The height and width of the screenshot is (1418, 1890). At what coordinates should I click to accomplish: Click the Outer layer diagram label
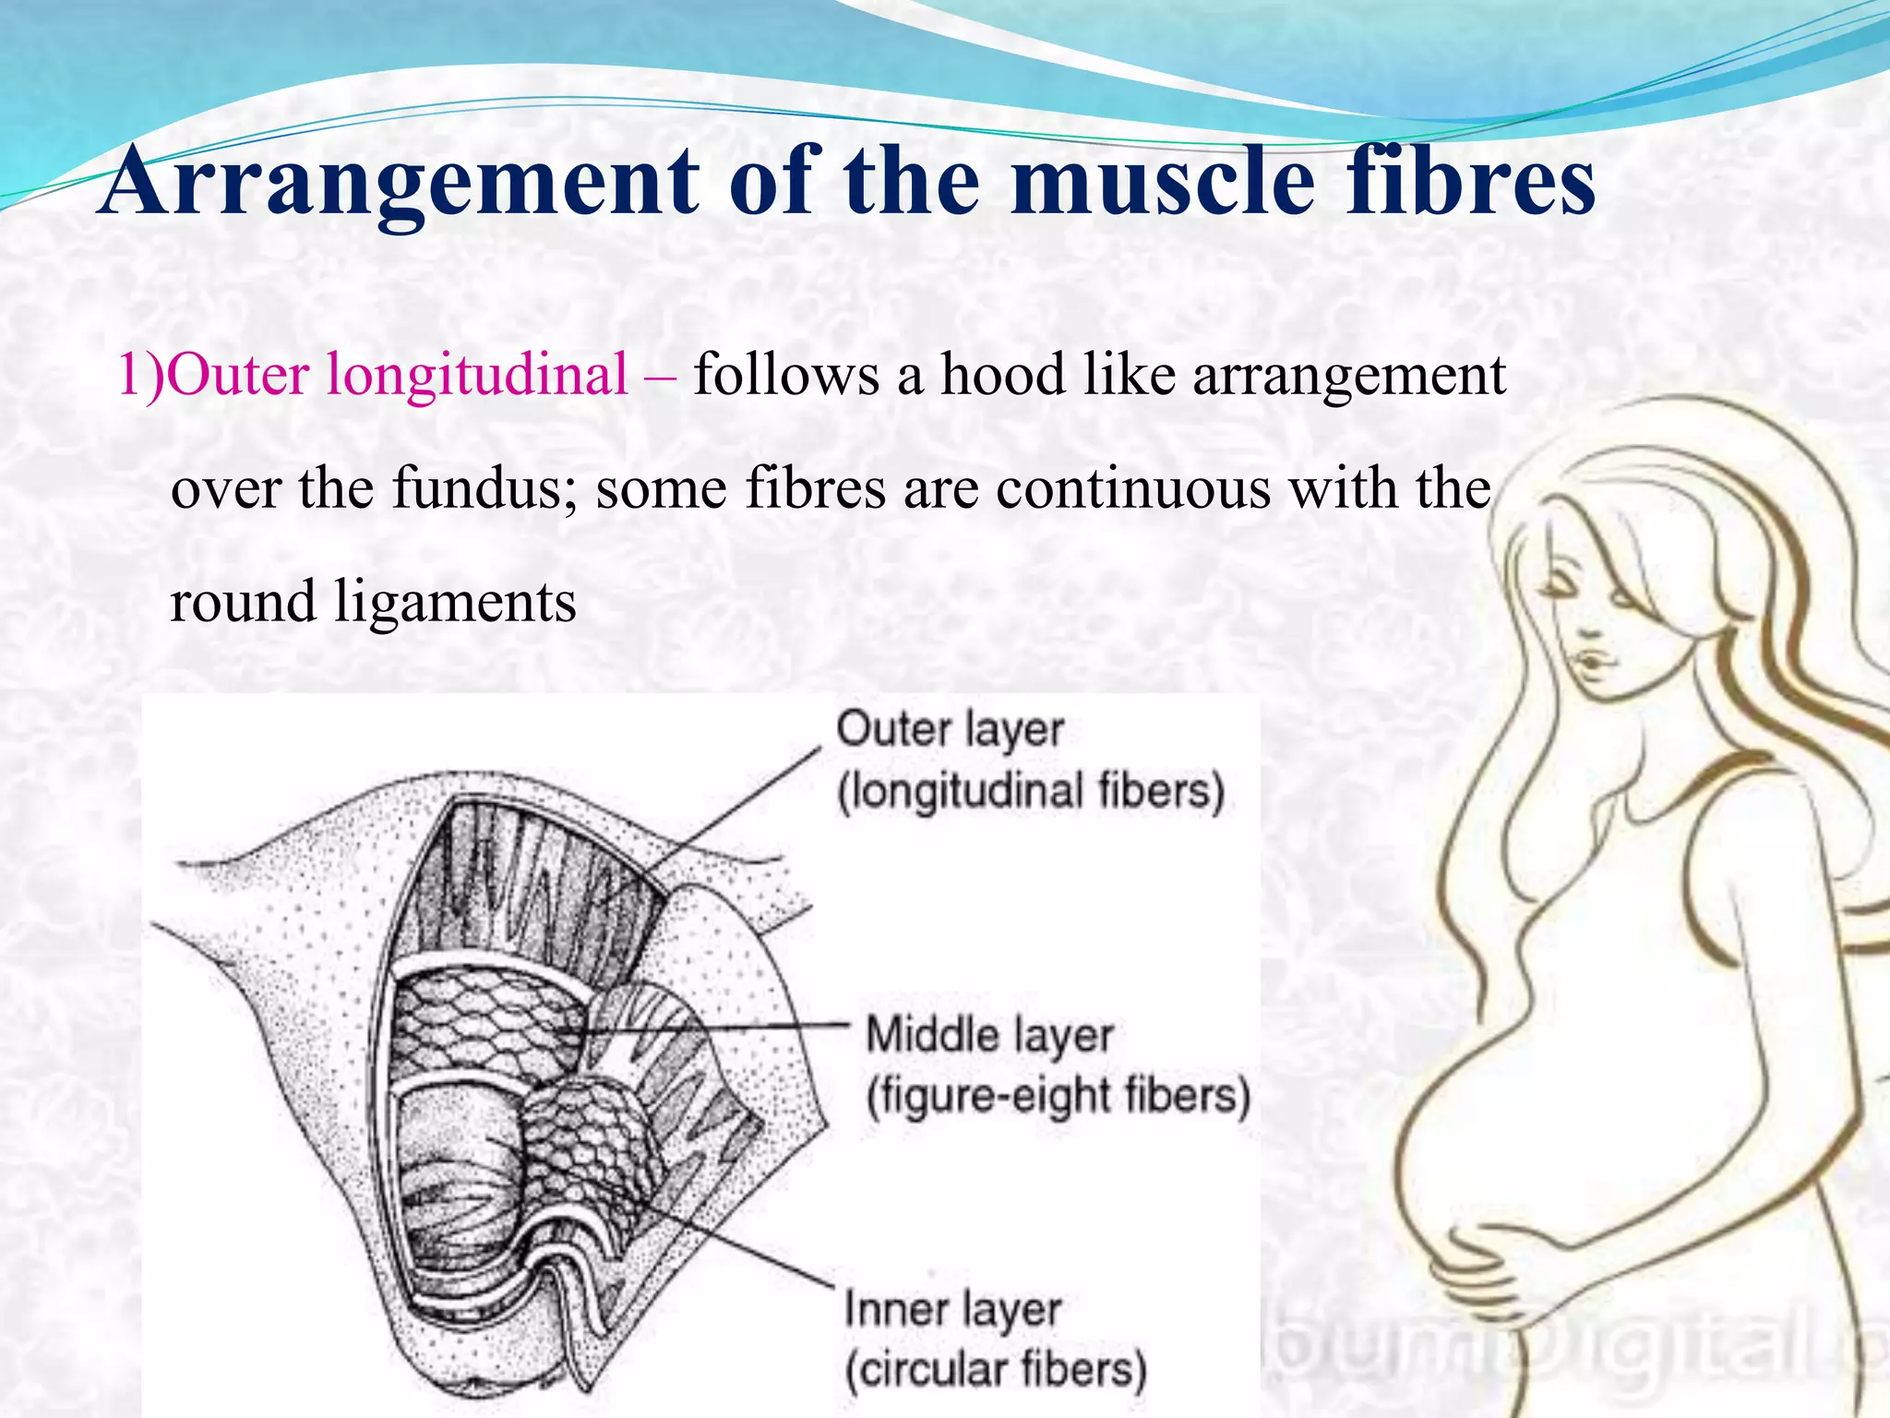click(x=950, y=730)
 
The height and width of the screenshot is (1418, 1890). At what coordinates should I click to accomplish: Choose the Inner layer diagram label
click(x=953, y=1310)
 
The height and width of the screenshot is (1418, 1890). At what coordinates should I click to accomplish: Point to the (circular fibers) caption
click(x=996, y=1369)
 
